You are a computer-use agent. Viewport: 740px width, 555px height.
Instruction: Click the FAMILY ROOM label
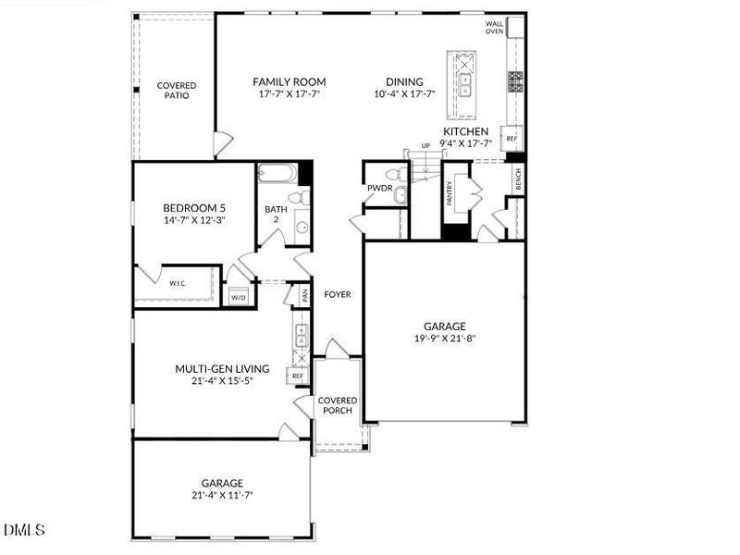pyautogui.click(x=290, y=82)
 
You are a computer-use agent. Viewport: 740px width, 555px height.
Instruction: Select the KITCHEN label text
pyautogui.click(x=465, y=132)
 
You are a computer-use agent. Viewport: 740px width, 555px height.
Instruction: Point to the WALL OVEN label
pyautogui.click(x=495, y=28)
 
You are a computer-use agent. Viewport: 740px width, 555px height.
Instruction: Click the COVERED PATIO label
pyautogui.click(x=176, y=90)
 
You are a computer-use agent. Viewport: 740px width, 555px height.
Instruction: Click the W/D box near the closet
pyautogui.click(x=238, y=298)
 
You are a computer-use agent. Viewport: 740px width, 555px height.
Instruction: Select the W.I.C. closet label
pyautogui.click(x=179, y=284)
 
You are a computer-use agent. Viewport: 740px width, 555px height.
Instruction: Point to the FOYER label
pyautogui.click(x=337, y=295)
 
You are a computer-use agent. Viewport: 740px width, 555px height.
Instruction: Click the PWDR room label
pyautogui.click(x=380, y=189)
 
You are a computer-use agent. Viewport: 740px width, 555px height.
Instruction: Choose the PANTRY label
pyautogui.click(x=450, y=193)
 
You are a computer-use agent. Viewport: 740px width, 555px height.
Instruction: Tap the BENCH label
pyautogui.click(x=518, y=181)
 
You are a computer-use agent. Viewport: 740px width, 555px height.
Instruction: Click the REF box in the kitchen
pyautogui.click(x=511, y=138)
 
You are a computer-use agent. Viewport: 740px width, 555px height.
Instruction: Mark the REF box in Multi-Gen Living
pyautogui.click(x=298, y=376)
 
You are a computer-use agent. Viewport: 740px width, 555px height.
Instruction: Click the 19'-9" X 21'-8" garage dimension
pyautogui.click(x=445, y=339)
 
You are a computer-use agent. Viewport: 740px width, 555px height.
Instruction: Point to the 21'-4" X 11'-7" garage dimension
pyautogui.click(x=222, y=496)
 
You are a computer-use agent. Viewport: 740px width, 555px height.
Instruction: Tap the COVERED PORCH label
pyautogui.click(x=337, y=405)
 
